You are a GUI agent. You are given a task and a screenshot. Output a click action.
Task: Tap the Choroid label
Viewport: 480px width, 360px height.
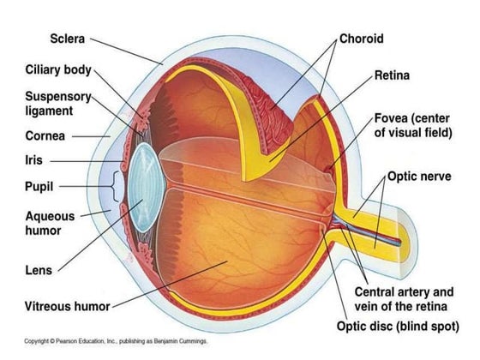click(361, 39)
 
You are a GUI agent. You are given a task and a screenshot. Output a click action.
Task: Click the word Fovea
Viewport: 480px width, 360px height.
click(393, 117)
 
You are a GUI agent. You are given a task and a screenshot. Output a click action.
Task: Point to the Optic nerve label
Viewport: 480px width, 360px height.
click(426, 177)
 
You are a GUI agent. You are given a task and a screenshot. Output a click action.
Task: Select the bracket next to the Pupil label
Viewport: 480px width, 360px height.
click(103, 184)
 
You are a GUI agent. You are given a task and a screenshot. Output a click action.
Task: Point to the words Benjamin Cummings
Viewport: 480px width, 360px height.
click(182, 341)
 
